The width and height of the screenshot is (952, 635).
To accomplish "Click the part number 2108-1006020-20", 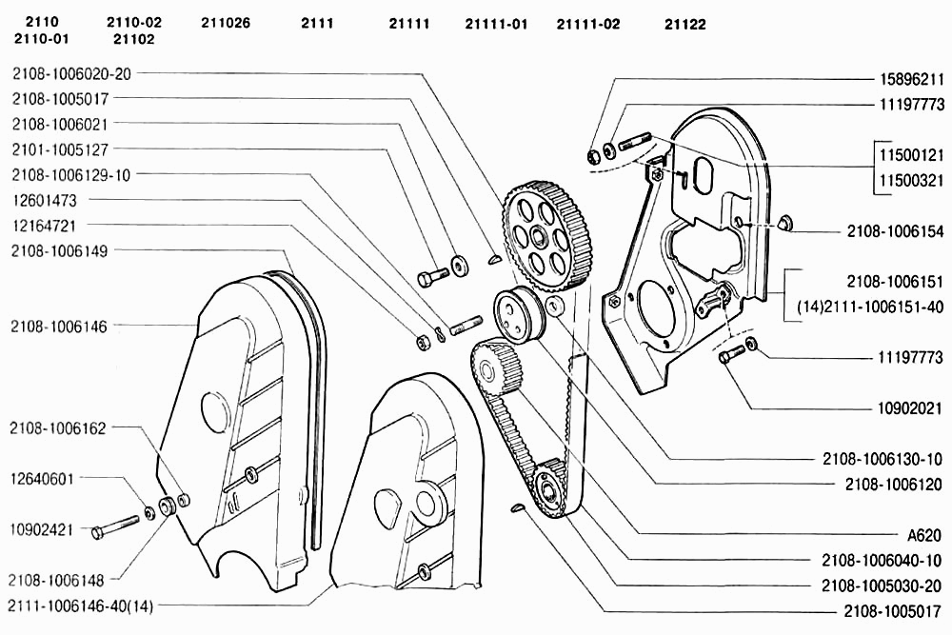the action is (71, 73).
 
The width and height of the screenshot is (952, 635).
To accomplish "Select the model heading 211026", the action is (226, 24).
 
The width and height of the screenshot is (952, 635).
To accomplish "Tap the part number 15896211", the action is (912, 79).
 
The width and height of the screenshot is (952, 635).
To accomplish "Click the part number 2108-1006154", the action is (896, 231).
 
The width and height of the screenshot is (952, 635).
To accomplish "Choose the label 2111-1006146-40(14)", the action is (80, 605).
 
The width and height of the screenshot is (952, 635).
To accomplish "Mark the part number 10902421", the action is (41, 529).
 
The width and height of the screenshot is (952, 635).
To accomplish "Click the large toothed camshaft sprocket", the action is (540, 234).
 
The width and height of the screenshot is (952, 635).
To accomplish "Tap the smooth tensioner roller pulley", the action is (519, 316).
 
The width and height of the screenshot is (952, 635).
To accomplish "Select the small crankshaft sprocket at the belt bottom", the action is (550, 488).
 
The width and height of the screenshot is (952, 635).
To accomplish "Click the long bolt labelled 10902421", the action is (115, 526).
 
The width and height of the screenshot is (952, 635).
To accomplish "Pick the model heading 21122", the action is (684, 25).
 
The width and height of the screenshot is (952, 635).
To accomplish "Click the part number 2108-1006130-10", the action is (883, 459).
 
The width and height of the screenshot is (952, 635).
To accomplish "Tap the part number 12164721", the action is (44, 226).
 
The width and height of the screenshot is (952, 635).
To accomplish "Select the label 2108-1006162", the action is (58, 428).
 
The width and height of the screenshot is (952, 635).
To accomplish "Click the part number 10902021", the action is (910, 408).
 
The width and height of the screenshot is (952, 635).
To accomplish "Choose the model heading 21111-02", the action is (588, 25).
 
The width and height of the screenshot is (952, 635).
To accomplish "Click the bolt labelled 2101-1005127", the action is (433, 277).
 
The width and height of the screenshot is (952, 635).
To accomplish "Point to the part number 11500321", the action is (912, 180).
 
